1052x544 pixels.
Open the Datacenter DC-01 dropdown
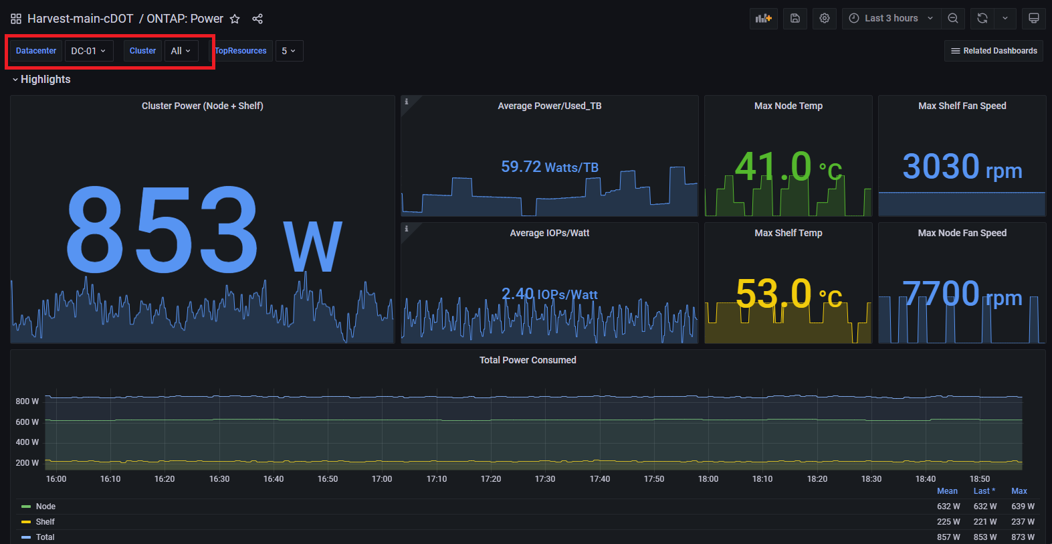[x=88, y=51]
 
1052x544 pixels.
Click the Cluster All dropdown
[x=181, y=51]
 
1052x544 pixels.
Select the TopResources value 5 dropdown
[x=288, y=51]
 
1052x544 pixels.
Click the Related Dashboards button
[x=993, y=51]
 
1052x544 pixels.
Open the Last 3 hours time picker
[x=891, y=19]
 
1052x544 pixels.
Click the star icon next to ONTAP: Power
[x=235, y=19]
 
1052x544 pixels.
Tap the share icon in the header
[x=257, y=19]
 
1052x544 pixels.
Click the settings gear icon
[x=825, y=19]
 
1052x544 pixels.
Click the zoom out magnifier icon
[x=953, y=19]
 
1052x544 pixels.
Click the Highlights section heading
[x=45, y=79]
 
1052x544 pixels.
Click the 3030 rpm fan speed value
[x=962, y=167]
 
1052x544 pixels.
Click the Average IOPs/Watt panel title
[x=549, y=233]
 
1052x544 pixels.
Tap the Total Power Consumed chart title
[x=528, y=360]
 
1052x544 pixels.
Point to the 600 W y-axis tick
[x=27, y=422]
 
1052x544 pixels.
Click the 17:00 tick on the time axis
[x=382, y=479]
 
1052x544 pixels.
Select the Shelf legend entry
[x=45, y=522]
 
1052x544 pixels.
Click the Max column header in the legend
[x=1019, y=491]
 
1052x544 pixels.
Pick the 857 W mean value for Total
[x=948, y=537]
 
